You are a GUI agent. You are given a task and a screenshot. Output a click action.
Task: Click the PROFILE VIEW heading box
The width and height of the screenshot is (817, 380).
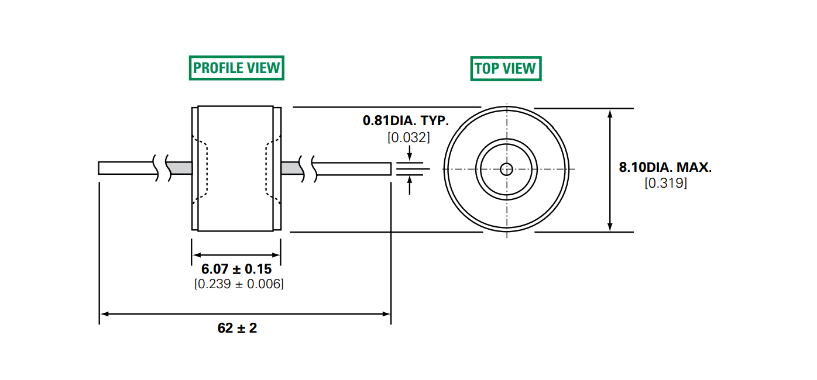tap(236, 68)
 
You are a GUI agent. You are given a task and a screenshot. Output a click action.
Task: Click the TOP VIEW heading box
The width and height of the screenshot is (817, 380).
tap(506, 68)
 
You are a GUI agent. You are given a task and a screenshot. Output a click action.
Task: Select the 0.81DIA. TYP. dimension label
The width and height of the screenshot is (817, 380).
tap(406, 121)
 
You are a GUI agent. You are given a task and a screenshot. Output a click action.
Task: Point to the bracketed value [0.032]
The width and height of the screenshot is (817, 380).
tap(408, 138)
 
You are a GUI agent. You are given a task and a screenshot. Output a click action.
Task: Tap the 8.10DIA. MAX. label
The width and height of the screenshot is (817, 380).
tap(665, 168)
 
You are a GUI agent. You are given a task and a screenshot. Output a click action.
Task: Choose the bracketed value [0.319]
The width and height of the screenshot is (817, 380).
tap(665, 183)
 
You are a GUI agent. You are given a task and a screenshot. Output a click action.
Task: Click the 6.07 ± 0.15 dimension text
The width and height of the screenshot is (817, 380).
tap(236, 270)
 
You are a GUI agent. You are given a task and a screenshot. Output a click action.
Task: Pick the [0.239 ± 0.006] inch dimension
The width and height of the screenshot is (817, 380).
tap(239, 284)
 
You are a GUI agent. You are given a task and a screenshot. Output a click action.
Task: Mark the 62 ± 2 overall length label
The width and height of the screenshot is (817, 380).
tap(237, 328)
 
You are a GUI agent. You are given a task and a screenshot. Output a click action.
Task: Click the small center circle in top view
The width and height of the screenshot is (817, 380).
tap(506, 170)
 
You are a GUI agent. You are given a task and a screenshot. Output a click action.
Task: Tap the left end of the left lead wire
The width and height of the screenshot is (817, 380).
tap(101, 168)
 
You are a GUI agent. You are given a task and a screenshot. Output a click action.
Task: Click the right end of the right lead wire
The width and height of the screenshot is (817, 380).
tap(390, 168)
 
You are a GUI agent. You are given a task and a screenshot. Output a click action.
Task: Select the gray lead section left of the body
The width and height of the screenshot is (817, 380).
tap(181, 168)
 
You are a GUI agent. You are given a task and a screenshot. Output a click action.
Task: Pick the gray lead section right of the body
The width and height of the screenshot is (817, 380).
tap(291, 168)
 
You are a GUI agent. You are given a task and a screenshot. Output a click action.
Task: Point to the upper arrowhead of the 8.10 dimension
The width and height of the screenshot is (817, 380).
tap(610, 112)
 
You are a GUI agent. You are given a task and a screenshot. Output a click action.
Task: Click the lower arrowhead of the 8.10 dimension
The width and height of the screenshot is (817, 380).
tap(610, 227)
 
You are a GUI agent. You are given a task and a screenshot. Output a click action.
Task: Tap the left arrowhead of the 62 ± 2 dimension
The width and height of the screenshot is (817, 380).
tap(103, 314)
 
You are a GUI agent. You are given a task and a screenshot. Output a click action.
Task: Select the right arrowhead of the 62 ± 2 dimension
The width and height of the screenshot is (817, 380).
tap(387, 314)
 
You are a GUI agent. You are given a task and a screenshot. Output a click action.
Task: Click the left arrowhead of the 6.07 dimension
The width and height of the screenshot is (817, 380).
tap(196, 255)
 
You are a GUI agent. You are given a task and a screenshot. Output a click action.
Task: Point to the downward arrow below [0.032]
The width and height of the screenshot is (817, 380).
tap(409, 156)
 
